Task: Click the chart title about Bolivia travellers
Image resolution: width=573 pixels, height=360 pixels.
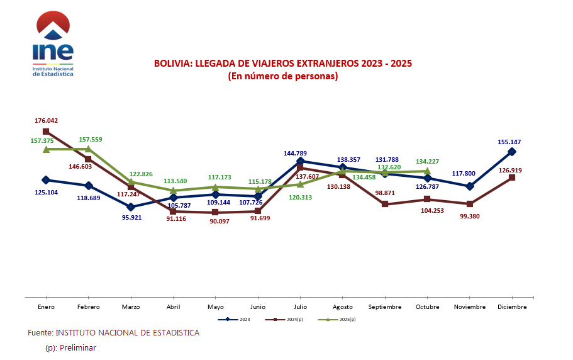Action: tap(283, 64)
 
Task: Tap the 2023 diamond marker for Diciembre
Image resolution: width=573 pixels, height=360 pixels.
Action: tap(512, 152)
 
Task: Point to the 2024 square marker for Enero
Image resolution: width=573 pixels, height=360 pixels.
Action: tap(47, 132)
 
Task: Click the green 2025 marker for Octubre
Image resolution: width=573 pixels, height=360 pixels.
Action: tap(428, 171)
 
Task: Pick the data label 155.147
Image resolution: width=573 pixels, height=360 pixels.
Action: tap(509, 142)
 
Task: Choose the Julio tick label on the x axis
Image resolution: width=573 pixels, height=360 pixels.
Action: tap(300, 307)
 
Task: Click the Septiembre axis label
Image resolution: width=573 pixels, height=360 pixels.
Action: tap(384, 307)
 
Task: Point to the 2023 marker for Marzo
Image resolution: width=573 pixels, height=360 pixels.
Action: tap(131, 206)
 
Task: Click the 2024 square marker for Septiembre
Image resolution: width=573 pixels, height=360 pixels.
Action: tap(385, 205)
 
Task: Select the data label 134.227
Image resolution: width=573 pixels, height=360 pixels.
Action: tap(428, 162)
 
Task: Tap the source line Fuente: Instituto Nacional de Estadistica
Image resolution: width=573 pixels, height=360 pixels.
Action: tap(113, 332)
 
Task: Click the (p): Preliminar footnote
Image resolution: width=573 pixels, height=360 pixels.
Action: tap(70, 347)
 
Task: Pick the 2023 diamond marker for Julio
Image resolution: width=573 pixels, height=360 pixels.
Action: tap(300, 162)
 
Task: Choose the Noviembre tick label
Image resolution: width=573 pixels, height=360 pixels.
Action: tap(469, 307)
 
